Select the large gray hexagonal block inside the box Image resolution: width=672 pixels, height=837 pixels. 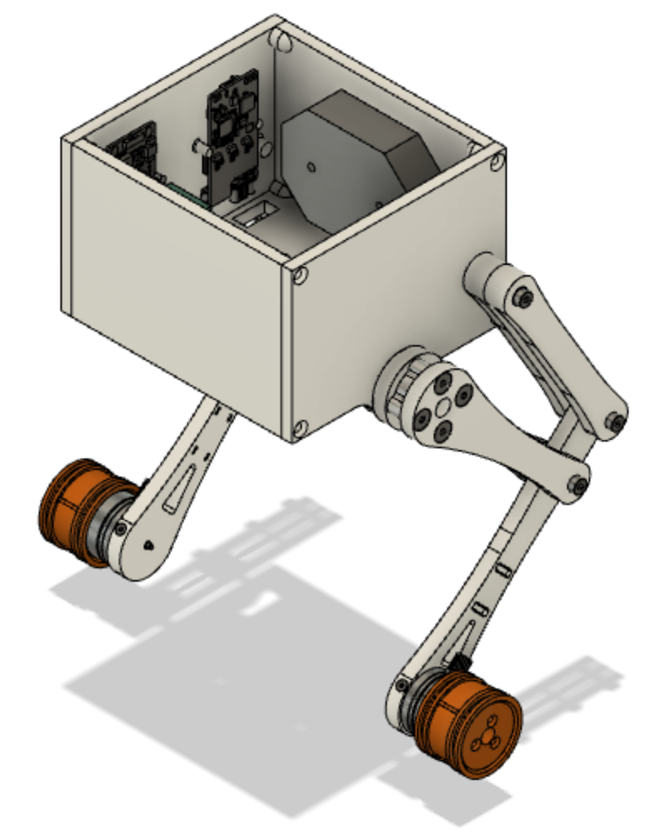point(353,160)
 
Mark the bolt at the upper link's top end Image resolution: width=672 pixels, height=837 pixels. point(522,297)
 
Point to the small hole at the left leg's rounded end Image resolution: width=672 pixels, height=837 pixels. point(148,546)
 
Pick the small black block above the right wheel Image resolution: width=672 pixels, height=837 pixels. point(461,662)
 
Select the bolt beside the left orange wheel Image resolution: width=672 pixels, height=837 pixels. point(120,528)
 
